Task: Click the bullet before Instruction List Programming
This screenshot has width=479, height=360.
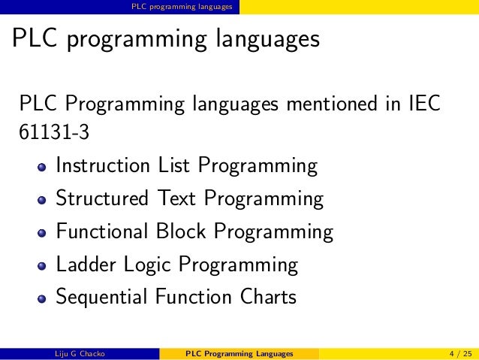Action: [42, 167]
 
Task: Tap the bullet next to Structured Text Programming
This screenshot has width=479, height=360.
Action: [42, 200]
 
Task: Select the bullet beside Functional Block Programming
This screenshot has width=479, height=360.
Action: [42, 233]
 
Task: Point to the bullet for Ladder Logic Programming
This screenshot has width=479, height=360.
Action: [42, 266]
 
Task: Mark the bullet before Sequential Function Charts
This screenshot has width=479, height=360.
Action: [42, 299]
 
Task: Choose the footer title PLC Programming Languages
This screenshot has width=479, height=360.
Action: [239, 353]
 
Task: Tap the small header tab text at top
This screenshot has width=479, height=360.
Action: [181, 7]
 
